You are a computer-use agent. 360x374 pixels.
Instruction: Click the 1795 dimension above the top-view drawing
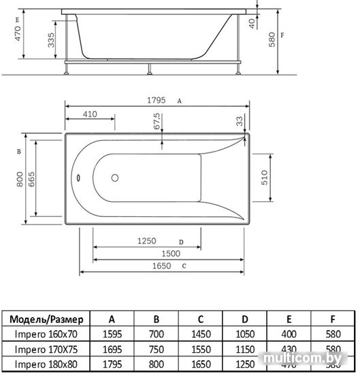tap(157, 99)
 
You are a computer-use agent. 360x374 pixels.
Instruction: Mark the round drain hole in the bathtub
tap(114, 180)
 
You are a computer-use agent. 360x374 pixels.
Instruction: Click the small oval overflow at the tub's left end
tap(79, 180)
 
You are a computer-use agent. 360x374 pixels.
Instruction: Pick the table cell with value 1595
tap(112, 334)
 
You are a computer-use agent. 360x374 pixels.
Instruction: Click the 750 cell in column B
tap(156, 349)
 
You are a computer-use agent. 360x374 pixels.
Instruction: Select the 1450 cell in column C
tap(200, 334)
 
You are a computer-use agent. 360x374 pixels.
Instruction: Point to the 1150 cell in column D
tap(244, 349)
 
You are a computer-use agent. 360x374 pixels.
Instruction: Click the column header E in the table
tap(289, 318)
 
